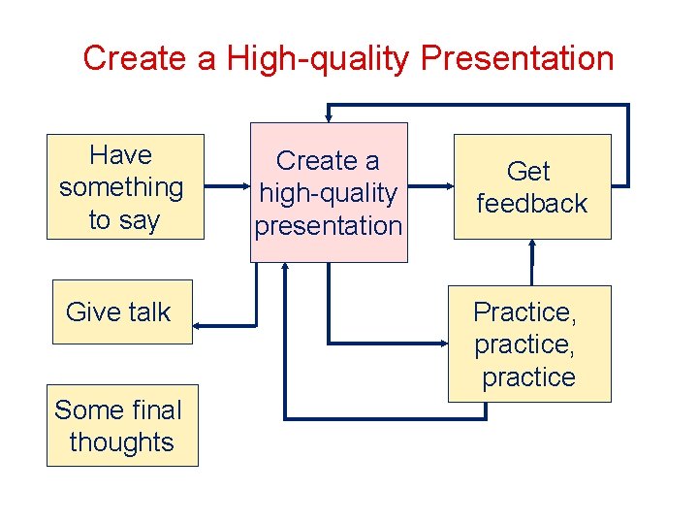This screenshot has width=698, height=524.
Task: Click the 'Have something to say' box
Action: pos(125,186)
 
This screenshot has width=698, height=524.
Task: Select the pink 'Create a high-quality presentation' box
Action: pos(329,192)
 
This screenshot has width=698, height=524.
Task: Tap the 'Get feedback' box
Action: pos(531,186)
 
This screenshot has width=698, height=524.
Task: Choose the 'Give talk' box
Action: pos(121,311)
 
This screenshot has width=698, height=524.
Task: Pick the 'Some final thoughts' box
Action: pos(122,426)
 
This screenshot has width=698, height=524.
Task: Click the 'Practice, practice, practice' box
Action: pos(529,344)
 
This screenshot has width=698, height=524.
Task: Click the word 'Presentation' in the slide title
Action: pos(518,58)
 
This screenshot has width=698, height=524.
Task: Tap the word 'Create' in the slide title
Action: pos(136,58)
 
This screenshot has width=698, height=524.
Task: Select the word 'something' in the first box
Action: pos(121,187)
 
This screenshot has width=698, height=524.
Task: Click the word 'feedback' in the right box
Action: pos(531,204)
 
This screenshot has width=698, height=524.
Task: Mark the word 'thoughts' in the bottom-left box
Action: pos(122,442)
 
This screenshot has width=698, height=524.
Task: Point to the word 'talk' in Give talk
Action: pos(147,311)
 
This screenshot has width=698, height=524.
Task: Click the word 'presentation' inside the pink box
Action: pos(329,226)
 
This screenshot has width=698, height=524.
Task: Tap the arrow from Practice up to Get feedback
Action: pos(531,262)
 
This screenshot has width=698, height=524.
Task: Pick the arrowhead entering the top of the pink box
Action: pos(328,116)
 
